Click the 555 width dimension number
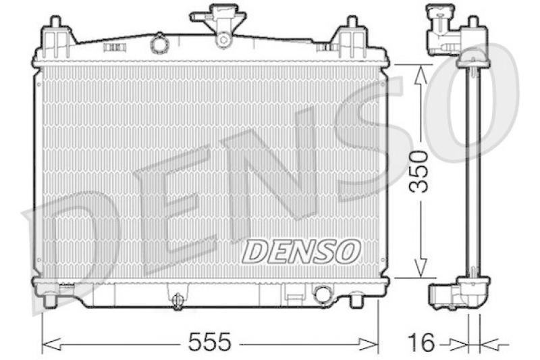[209, 342]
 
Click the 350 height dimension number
[420, 171]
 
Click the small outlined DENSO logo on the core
[301, 251]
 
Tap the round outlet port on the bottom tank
[323, 294]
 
